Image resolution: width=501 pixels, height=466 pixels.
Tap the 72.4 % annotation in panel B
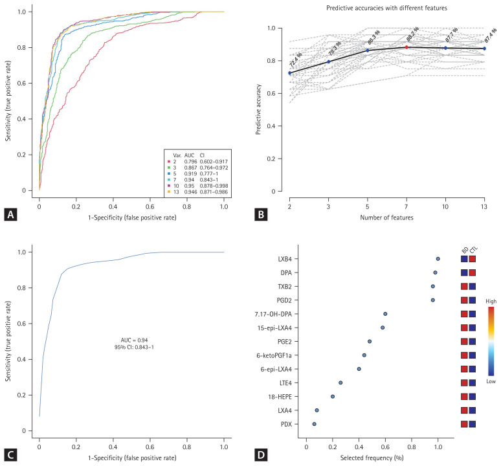coord(295,62)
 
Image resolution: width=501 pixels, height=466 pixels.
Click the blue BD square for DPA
coord(464,272)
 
